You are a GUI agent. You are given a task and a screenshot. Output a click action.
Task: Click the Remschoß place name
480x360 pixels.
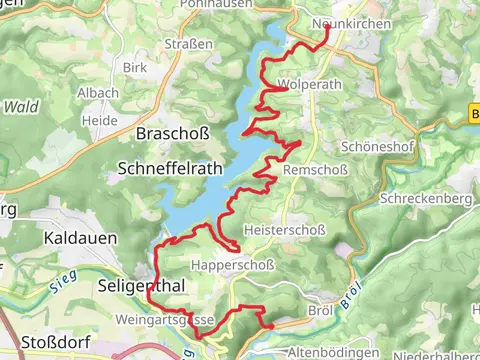(x=316, y=171)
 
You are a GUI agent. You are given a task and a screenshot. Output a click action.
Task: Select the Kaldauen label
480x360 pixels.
(x=80, y=239)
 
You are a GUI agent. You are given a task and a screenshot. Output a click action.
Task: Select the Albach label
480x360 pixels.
(x=98, y=93)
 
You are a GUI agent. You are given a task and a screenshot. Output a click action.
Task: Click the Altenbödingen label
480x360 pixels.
(x=334, y=352)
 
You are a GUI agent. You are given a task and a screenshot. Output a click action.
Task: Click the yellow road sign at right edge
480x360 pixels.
(x=474, y=115)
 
